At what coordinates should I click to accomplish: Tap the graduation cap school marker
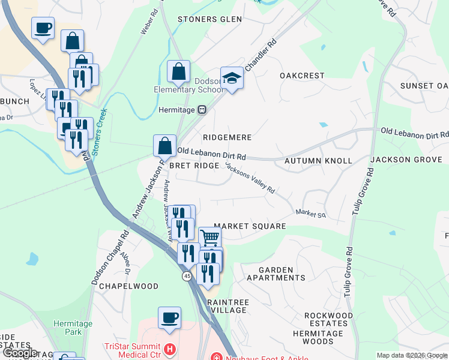pyautogui.click(x=232, y=79)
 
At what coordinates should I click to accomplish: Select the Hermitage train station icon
pyautogui.click(x=202, y=110)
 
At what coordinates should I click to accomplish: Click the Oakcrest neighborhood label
pyautogui.click(x=302, y=76)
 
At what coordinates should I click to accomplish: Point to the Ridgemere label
pyautogui.click(x=227, y=137)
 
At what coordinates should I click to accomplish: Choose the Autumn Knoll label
pyautogui.click(x=318, y=161)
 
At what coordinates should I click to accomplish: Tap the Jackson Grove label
pyautogui.click(x=406, y=160)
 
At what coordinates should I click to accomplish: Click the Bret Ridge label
pyautogui.click(x=193, y=165)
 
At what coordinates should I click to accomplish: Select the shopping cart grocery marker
pyautogui.click(x=209, y=238)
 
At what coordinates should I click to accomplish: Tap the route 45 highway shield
pyautogui.click(x=187, y=275)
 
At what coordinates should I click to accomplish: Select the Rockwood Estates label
pyautogui.click(x=328, y=319)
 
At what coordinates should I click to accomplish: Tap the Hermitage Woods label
pyautogui.click(x=318, y=337)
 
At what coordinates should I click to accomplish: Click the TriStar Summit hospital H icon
pyautogui.click(x=170, y=349)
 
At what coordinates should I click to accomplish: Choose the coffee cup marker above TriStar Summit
pyautogui.click(x=169, y=317)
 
